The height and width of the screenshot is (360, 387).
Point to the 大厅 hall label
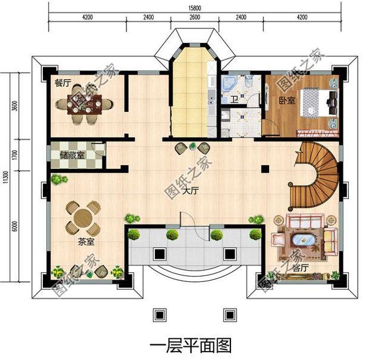[191, 191]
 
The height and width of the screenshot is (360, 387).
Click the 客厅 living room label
[300, 266]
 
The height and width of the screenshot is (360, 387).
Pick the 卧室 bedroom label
[286, 100]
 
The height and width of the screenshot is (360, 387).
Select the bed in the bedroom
[319, 104]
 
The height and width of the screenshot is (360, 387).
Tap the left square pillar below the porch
[160, 316]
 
